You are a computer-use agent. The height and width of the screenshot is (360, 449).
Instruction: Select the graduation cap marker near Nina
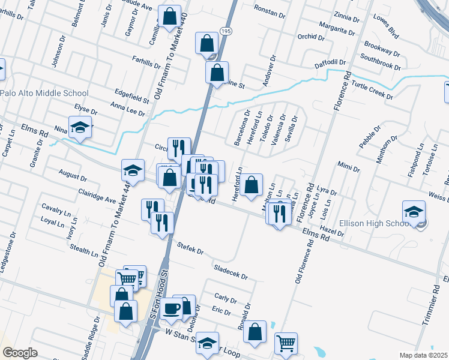click(80, 127)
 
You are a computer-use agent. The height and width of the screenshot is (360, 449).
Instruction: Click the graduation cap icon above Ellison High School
click(414, 212)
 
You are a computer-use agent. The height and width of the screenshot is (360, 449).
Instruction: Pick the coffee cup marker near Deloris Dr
click(172, 308)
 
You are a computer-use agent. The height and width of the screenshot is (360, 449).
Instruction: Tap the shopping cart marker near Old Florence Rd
click(286, 344)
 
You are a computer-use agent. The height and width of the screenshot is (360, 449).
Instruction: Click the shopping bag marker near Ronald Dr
click(255, 333)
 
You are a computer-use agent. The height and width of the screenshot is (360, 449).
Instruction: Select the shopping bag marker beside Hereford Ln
click(253, 184)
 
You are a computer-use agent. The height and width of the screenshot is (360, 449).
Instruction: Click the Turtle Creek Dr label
click(372, 90)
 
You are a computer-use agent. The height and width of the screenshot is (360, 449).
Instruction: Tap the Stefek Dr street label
click(190, 248)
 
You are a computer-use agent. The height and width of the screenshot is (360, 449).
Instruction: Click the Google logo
click(20, 353)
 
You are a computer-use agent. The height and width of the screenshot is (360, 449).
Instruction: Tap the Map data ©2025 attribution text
click(423, 355)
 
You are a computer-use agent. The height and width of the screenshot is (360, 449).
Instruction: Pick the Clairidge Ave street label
click(96, 196)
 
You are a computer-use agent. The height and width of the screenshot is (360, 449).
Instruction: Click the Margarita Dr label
click(341, 29)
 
